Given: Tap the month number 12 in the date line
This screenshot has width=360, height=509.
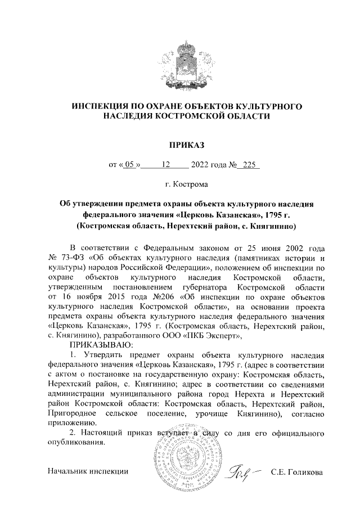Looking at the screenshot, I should [165, 165].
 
